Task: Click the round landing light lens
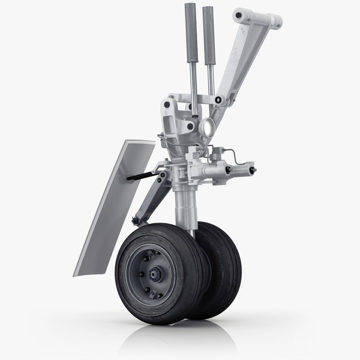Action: point(209,125)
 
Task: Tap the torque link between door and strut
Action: point(150,198)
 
